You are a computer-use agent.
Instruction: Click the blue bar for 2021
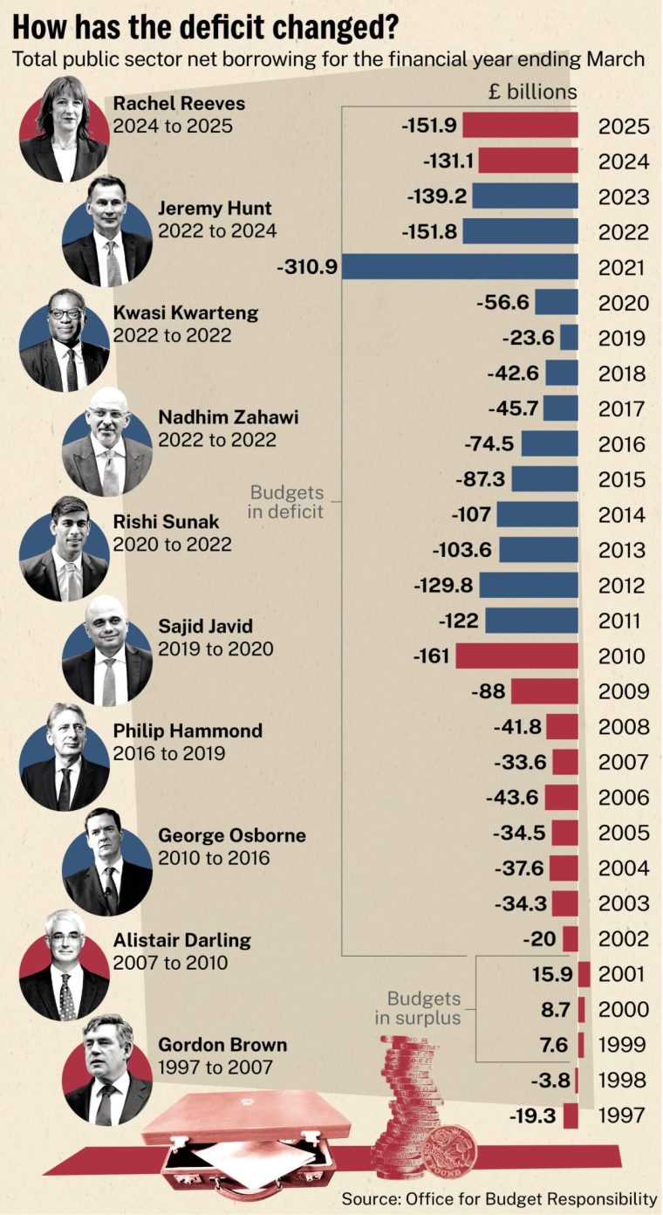[x=460, y=267]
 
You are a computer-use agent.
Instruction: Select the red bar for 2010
[x=516, y=656]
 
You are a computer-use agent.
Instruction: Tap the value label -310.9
[x=306, y=268]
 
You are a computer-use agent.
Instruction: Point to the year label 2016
[x=622, y=444]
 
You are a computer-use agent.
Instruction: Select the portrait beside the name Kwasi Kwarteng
[x=64, y=340]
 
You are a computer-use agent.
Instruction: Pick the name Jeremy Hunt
[x=215, y=209]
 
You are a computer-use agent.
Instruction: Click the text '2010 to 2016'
[x=214, y=858]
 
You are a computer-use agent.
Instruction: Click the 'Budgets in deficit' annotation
[x=286, y=502]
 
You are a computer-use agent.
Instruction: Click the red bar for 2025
[x=520, y=126]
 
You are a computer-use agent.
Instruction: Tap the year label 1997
[x=622, y=1115]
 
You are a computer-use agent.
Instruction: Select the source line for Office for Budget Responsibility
[x=499, y=1198]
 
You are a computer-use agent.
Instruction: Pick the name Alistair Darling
[x=181, y=940]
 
